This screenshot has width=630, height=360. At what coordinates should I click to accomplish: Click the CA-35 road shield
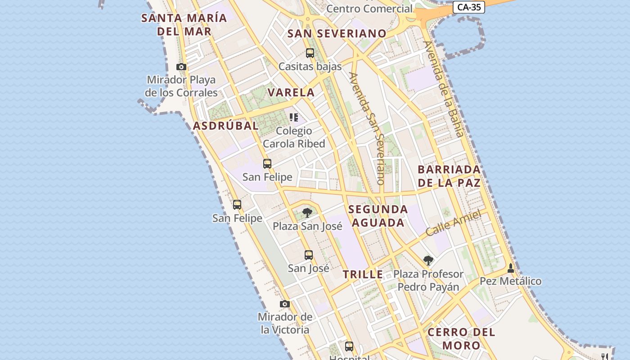click(468, 7)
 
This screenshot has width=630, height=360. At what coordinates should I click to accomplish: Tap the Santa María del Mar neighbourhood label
click(184, 25)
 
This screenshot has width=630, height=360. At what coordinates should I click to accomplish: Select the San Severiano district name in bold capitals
click(337, 34)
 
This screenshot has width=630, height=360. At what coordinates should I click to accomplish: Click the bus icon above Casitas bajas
click(310, 53)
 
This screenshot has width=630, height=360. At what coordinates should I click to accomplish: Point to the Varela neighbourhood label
click(291, 93)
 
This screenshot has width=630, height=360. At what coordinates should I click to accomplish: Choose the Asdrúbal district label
click(226, 126)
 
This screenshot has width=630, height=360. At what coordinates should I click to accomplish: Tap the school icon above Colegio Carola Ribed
click(294, 117)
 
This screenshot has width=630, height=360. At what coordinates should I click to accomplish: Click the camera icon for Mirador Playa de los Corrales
click(181, 67)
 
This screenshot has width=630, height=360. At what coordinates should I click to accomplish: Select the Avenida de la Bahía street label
click(443, 89)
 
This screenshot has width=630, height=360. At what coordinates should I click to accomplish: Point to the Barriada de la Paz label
click(449, 176)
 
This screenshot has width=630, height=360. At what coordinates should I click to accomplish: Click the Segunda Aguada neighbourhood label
click(378, 216)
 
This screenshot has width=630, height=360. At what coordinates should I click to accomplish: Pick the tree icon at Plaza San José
click(307, 212)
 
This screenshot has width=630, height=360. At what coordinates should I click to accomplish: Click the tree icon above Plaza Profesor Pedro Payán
click(428, 260)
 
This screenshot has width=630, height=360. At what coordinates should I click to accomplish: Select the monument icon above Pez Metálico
click(510, 268)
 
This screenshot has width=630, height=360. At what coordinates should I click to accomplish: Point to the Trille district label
click(363, 274)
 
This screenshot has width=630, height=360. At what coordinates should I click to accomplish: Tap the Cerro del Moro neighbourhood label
click(461, 339)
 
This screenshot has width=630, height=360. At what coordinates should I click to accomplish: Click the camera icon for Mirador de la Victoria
click(284, 304)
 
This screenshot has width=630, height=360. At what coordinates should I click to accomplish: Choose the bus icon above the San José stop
click(309, 255)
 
